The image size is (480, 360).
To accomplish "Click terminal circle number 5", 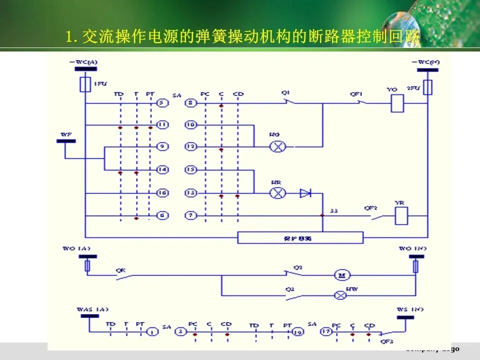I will [161, 103].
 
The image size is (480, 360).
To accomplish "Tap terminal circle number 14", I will [161, 170].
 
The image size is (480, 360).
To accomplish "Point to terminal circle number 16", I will [161, 192].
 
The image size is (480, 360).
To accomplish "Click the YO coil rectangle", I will [397, 104].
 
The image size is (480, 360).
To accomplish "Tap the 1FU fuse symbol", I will [85, 84].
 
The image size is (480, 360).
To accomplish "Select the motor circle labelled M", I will [343, 275].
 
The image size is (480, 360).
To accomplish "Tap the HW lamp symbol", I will [340, 295].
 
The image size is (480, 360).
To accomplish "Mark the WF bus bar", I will [66, 140].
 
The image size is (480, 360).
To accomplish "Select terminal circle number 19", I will [298, 331].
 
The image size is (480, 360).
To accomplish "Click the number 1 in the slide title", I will [69, 36].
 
